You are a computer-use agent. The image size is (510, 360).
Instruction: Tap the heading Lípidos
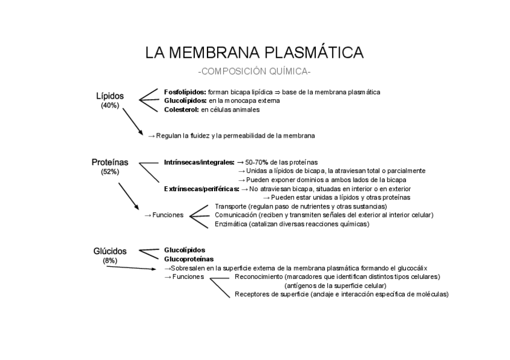click(110, 96)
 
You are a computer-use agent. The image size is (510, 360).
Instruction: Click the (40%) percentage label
click(110, 105)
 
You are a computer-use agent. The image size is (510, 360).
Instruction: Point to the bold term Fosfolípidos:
click(185, 92)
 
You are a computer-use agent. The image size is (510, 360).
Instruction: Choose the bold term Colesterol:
click(182, 110)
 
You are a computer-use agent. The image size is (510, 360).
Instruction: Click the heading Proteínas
click(110, 162)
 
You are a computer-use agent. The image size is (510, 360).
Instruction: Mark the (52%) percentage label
click(110, 172)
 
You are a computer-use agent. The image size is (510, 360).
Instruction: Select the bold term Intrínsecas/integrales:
click(199, 162)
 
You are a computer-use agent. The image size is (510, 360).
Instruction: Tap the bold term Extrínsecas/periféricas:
click(201, 189)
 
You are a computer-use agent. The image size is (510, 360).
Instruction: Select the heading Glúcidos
click(110, 251)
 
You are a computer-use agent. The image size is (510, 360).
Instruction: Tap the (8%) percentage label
click(110, 260)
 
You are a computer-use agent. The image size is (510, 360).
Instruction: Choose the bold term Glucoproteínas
click(188, 259)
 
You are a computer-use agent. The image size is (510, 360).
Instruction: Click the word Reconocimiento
click(259, 276)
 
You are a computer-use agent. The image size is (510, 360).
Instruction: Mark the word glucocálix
click(410, 268)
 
